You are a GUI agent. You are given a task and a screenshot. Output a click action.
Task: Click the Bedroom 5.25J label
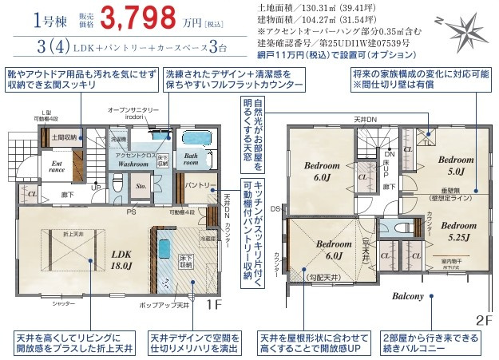pos(457,230)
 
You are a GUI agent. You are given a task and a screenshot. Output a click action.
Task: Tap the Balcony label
pos(407,296)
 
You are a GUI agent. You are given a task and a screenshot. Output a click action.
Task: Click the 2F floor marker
pos(485,319)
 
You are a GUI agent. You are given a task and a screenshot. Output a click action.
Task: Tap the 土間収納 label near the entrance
pos(63,137)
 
